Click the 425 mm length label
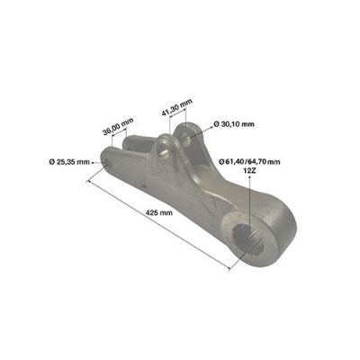tap(159, 213)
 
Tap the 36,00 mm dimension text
tap(118, 127)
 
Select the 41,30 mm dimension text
tap(176, 108)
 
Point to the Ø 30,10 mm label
tap(234, 124)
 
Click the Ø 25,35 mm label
tap(69, 162)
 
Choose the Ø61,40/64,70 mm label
tap(249, 162)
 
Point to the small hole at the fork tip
tap(106, 163)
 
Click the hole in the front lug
tap(165, 150)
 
